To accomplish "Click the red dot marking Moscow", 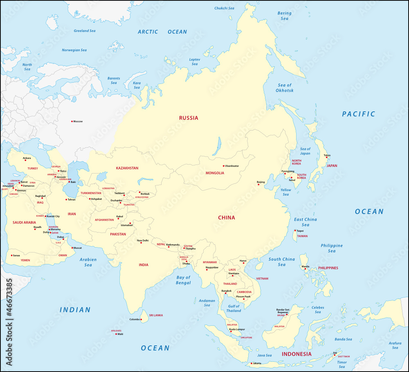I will (72, 121).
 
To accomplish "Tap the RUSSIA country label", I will (189, 118).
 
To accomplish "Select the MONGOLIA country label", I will (215, 173).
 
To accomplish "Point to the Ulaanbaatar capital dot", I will (224, 166).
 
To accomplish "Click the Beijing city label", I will (261, 182).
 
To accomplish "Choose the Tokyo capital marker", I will (326, 158).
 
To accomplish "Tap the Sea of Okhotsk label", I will (285, 88).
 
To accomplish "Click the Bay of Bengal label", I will (183, 280).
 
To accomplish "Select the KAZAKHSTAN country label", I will (127, 168).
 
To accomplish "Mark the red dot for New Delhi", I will (141, 243).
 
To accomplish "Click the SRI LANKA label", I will (156, 316).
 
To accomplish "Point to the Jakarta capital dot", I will (251, 363).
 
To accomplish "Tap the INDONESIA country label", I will (297, 354).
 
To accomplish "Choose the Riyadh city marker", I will (35, 230).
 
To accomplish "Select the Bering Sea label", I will (284, 16).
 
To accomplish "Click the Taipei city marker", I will (296, 230).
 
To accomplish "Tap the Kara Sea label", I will (137, 85).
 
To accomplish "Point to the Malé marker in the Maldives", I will (116, 334).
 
